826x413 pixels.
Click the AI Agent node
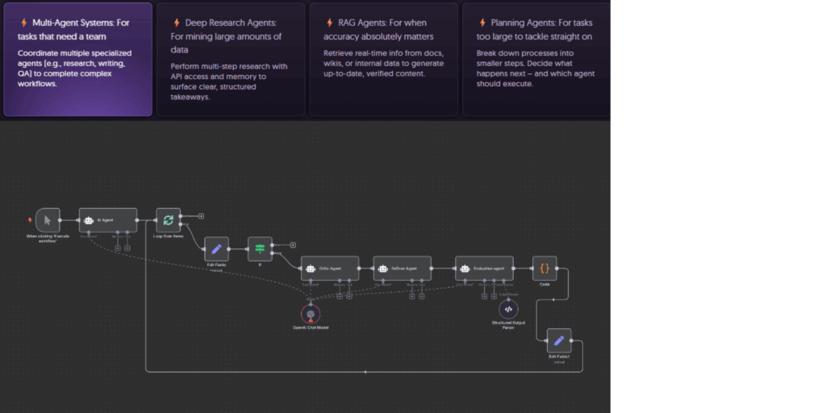(107, 219)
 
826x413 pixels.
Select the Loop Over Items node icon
(168, 219)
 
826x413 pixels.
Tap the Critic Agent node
(329, 268)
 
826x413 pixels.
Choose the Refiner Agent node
(402, 268)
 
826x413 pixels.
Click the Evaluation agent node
(484, 268)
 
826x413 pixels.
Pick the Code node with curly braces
(544, 268)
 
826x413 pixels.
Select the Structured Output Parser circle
(507, 308)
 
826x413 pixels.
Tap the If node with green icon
(260, 248)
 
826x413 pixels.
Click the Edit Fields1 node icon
(558, 340)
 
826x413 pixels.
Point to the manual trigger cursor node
(48, 220)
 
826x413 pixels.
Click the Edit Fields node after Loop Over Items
(216, 248)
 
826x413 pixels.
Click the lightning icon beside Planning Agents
(482, 23)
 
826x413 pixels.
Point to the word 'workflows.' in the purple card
(37, 83)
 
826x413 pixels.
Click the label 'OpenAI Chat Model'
(311, 327)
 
